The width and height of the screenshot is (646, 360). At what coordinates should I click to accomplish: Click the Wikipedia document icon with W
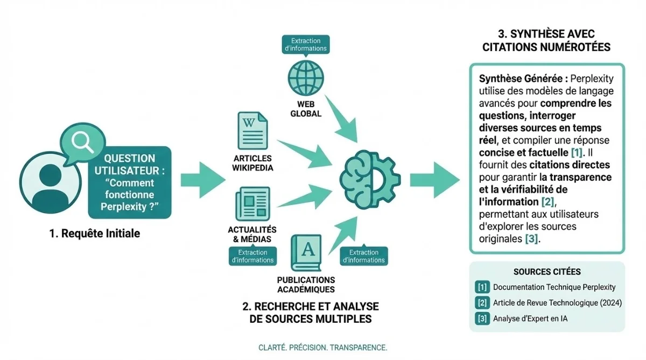[x=252, y=131]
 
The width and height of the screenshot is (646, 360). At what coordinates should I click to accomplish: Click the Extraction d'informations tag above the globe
[x=305, y=44]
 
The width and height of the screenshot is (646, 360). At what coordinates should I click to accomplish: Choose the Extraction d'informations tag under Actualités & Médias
[x=252, y=256]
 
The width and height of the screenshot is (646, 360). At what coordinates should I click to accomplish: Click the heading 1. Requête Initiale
[x=94, y=234]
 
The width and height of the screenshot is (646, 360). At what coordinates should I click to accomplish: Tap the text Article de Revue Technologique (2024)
[x=557, y=303]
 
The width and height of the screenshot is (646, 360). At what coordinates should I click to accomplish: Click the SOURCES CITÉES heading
[x=546, y=272]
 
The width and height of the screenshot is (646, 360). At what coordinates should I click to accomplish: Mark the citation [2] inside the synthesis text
[x=547, y=202]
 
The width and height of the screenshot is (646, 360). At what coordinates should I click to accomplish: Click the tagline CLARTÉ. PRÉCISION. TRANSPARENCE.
[x=322, y=347]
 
